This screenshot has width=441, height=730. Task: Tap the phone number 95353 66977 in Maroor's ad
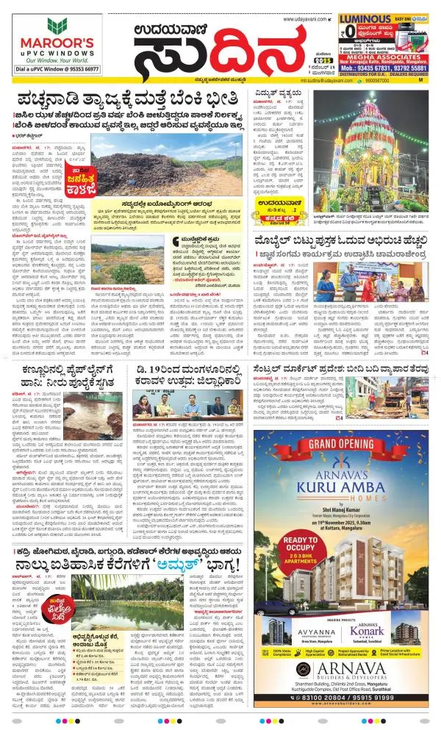(76, 68)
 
